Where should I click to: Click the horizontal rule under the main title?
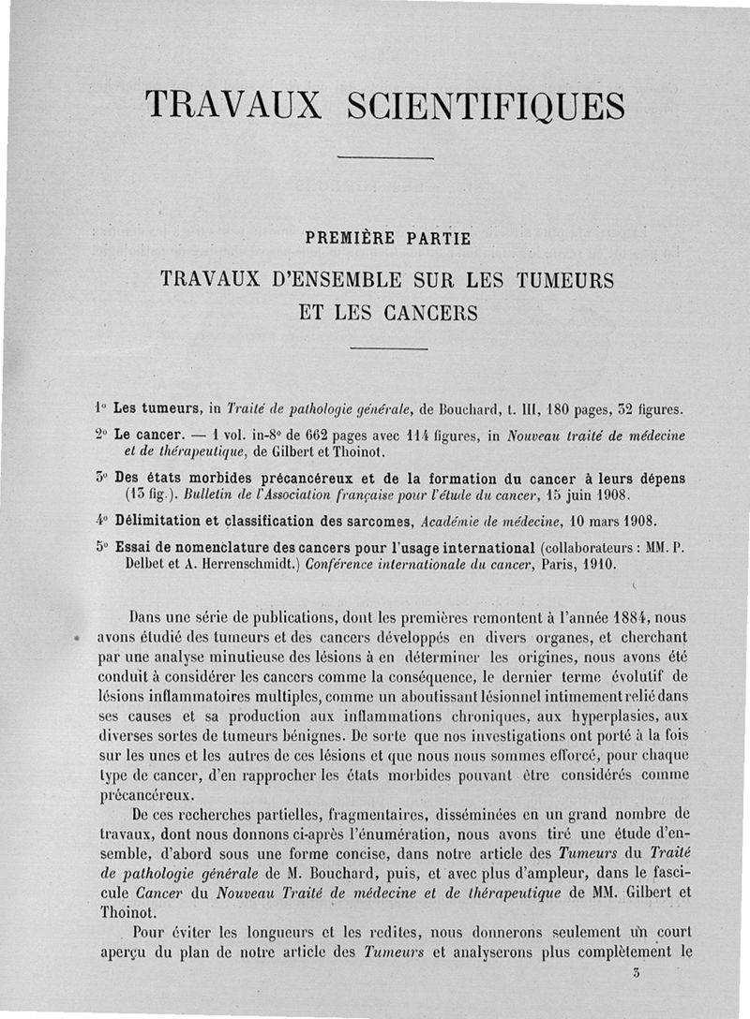point(385,157)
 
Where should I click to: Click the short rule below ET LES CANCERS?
point(388,349)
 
